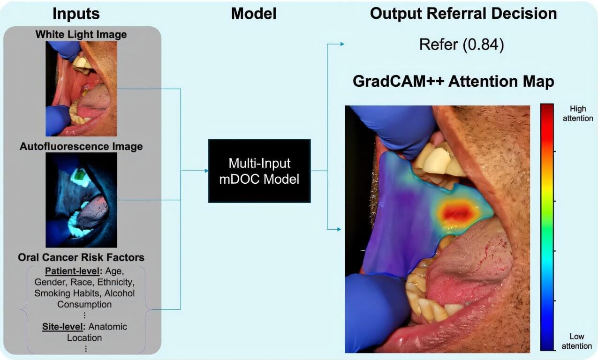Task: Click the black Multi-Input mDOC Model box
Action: [259, 171]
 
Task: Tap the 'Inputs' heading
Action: [76, 14]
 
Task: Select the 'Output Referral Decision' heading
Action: [463, 14]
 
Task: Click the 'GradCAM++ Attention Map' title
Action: [453, 82]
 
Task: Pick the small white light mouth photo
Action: [81, 89]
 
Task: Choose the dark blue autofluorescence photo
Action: [81, 200]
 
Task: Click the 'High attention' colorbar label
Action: [577, 114]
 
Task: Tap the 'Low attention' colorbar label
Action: [576, 341]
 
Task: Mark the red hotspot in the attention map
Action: [458, 212]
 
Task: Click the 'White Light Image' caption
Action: [81, 34]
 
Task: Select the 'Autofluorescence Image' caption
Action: [81, 146]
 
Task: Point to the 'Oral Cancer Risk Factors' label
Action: [81, 257]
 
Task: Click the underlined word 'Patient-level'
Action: [74, 271]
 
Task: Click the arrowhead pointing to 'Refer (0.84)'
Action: [342, 45]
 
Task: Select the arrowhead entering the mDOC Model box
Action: [205, 171]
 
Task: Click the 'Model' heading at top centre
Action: [253, 14]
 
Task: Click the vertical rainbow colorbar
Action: [547, 227]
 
